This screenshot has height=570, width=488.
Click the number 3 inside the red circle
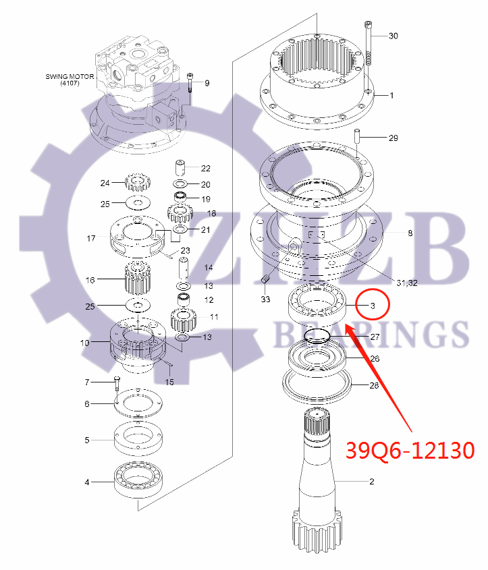372,306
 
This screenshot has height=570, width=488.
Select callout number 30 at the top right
394,36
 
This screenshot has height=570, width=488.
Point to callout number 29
393,138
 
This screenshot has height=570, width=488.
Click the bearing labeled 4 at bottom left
138,482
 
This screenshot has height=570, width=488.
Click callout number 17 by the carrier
91,238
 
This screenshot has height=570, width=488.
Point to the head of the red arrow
348,326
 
